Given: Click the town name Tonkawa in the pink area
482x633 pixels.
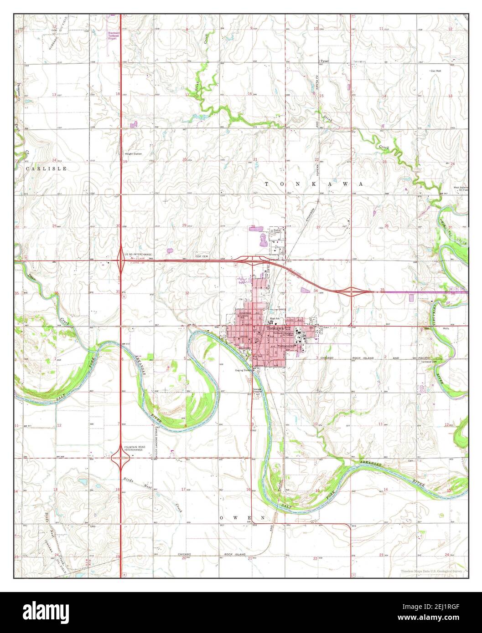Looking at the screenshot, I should (x=275, y=328).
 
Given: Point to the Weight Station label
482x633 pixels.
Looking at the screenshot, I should (x=133, y=154).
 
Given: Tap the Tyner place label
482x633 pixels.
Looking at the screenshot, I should (x=324, y=61).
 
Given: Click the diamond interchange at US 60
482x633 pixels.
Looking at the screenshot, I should (x=120, y=261).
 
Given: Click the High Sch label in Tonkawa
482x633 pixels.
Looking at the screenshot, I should (x=274, y=318).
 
